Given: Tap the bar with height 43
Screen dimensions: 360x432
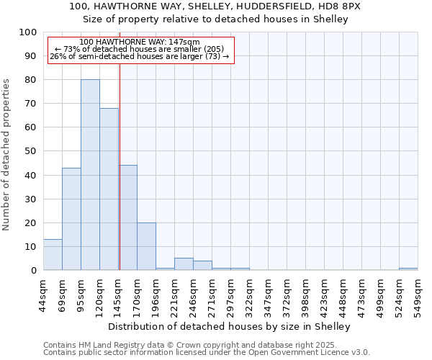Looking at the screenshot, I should [71, 219].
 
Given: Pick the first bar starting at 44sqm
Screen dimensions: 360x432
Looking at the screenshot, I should [53, 255].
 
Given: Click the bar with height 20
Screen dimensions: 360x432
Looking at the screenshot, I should [146, 246].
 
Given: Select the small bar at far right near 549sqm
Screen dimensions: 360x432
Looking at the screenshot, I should [408, 269].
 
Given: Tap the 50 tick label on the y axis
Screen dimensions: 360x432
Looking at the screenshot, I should [30, 151].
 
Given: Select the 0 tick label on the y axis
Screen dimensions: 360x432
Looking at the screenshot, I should [33, 271].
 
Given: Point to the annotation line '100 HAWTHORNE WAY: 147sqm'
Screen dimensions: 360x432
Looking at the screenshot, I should [140, 42].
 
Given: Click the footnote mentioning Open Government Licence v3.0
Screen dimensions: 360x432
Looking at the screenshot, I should [207, 353].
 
